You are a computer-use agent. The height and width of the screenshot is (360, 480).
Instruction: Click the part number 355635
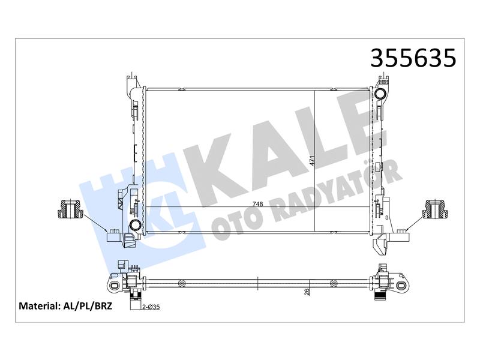tap(413, 58)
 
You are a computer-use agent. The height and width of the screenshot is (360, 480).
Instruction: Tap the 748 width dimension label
tap(258, 204)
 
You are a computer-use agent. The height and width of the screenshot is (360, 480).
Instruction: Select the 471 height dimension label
tap(312, 161)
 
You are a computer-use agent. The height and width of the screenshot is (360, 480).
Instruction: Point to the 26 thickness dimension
tap(308, 292)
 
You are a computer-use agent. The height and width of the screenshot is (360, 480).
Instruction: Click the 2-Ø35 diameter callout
tap(151, 307)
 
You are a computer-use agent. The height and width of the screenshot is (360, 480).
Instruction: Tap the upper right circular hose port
tap(380, 94)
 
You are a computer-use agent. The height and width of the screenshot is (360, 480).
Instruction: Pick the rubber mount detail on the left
tap(70, 209)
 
